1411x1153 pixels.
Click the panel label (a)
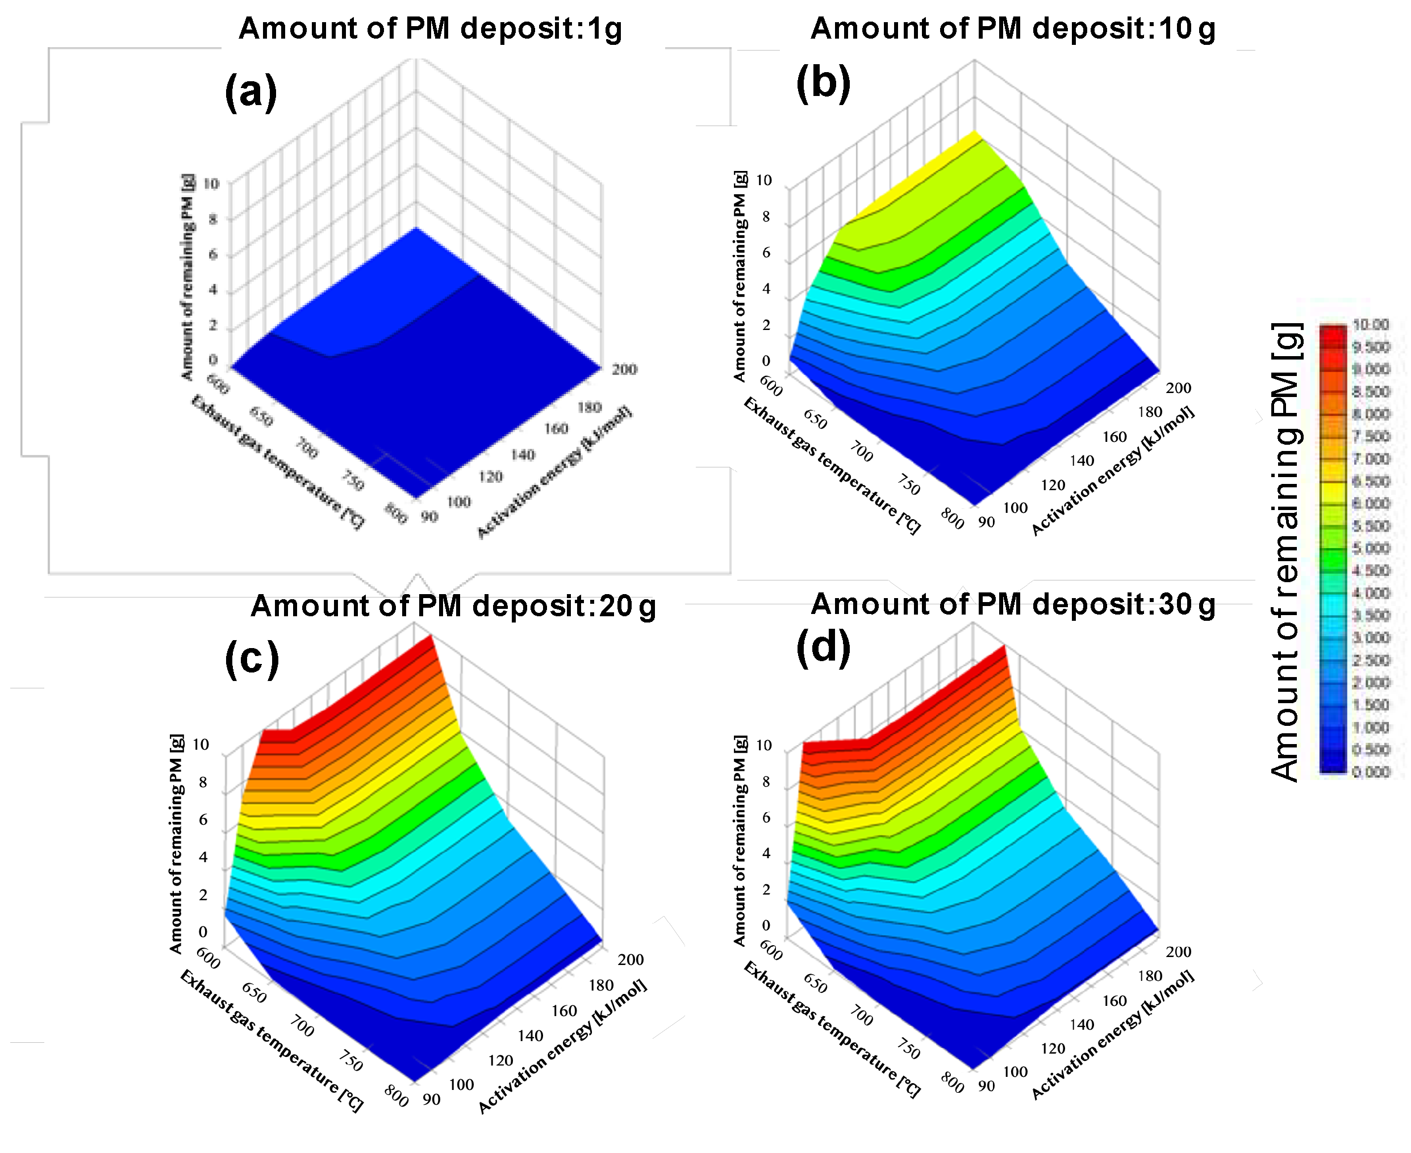point(251,91)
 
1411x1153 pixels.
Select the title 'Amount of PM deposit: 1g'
point(431,28)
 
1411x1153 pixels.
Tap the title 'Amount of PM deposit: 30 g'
point(1012,604)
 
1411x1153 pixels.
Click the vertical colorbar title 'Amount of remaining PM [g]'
point(1285,552)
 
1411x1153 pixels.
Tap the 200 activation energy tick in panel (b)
point(1179,388)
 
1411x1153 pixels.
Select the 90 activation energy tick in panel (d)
point(987,1086)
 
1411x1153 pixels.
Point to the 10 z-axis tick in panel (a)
point(211,183)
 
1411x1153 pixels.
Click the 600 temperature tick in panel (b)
point(771,385)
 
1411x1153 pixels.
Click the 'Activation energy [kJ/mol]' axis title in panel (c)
point(562,1046)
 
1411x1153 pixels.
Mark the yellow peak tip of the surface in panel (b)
point(975,133)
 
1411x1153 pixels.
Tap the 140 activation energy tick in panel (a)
point(523,455)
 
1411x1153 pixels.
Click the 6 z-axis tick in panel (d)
point(766,817)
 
